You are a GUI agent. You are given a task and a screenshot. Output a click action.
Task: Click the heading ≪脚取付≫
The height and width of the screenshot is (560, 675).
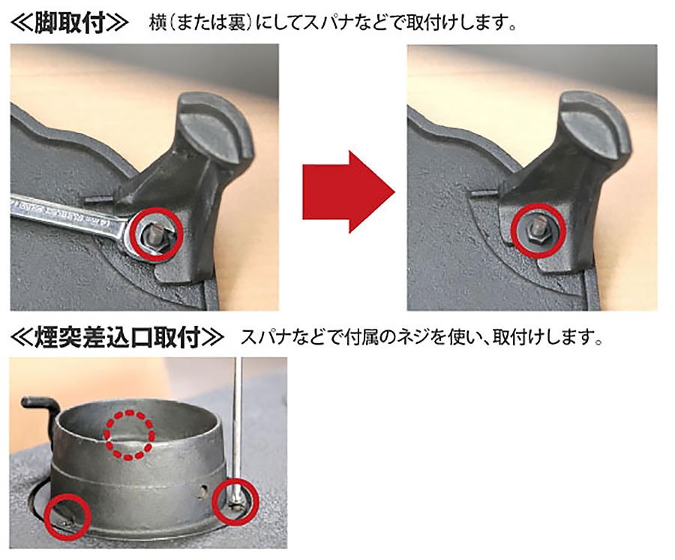point(69,23)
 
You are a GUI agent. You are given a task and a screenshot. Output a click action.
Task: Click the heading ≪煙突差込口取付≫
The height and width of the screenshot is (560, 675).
point(117,337)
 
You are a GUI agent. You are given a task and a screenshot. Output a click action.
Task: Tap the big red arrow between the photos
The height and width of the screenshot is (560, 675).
point(349,192)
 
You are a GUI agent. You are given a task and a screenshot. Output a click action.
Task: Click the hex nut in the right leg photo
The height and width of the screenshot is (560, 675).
point(536,234)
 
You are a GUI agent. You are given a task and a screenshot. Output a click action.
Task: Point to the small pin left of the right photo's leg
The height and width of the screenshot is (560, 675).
point(482,194)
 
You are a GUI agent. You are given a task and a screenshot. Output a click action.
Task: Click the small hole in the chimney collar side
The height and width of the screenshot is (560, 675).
point(203,491)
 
